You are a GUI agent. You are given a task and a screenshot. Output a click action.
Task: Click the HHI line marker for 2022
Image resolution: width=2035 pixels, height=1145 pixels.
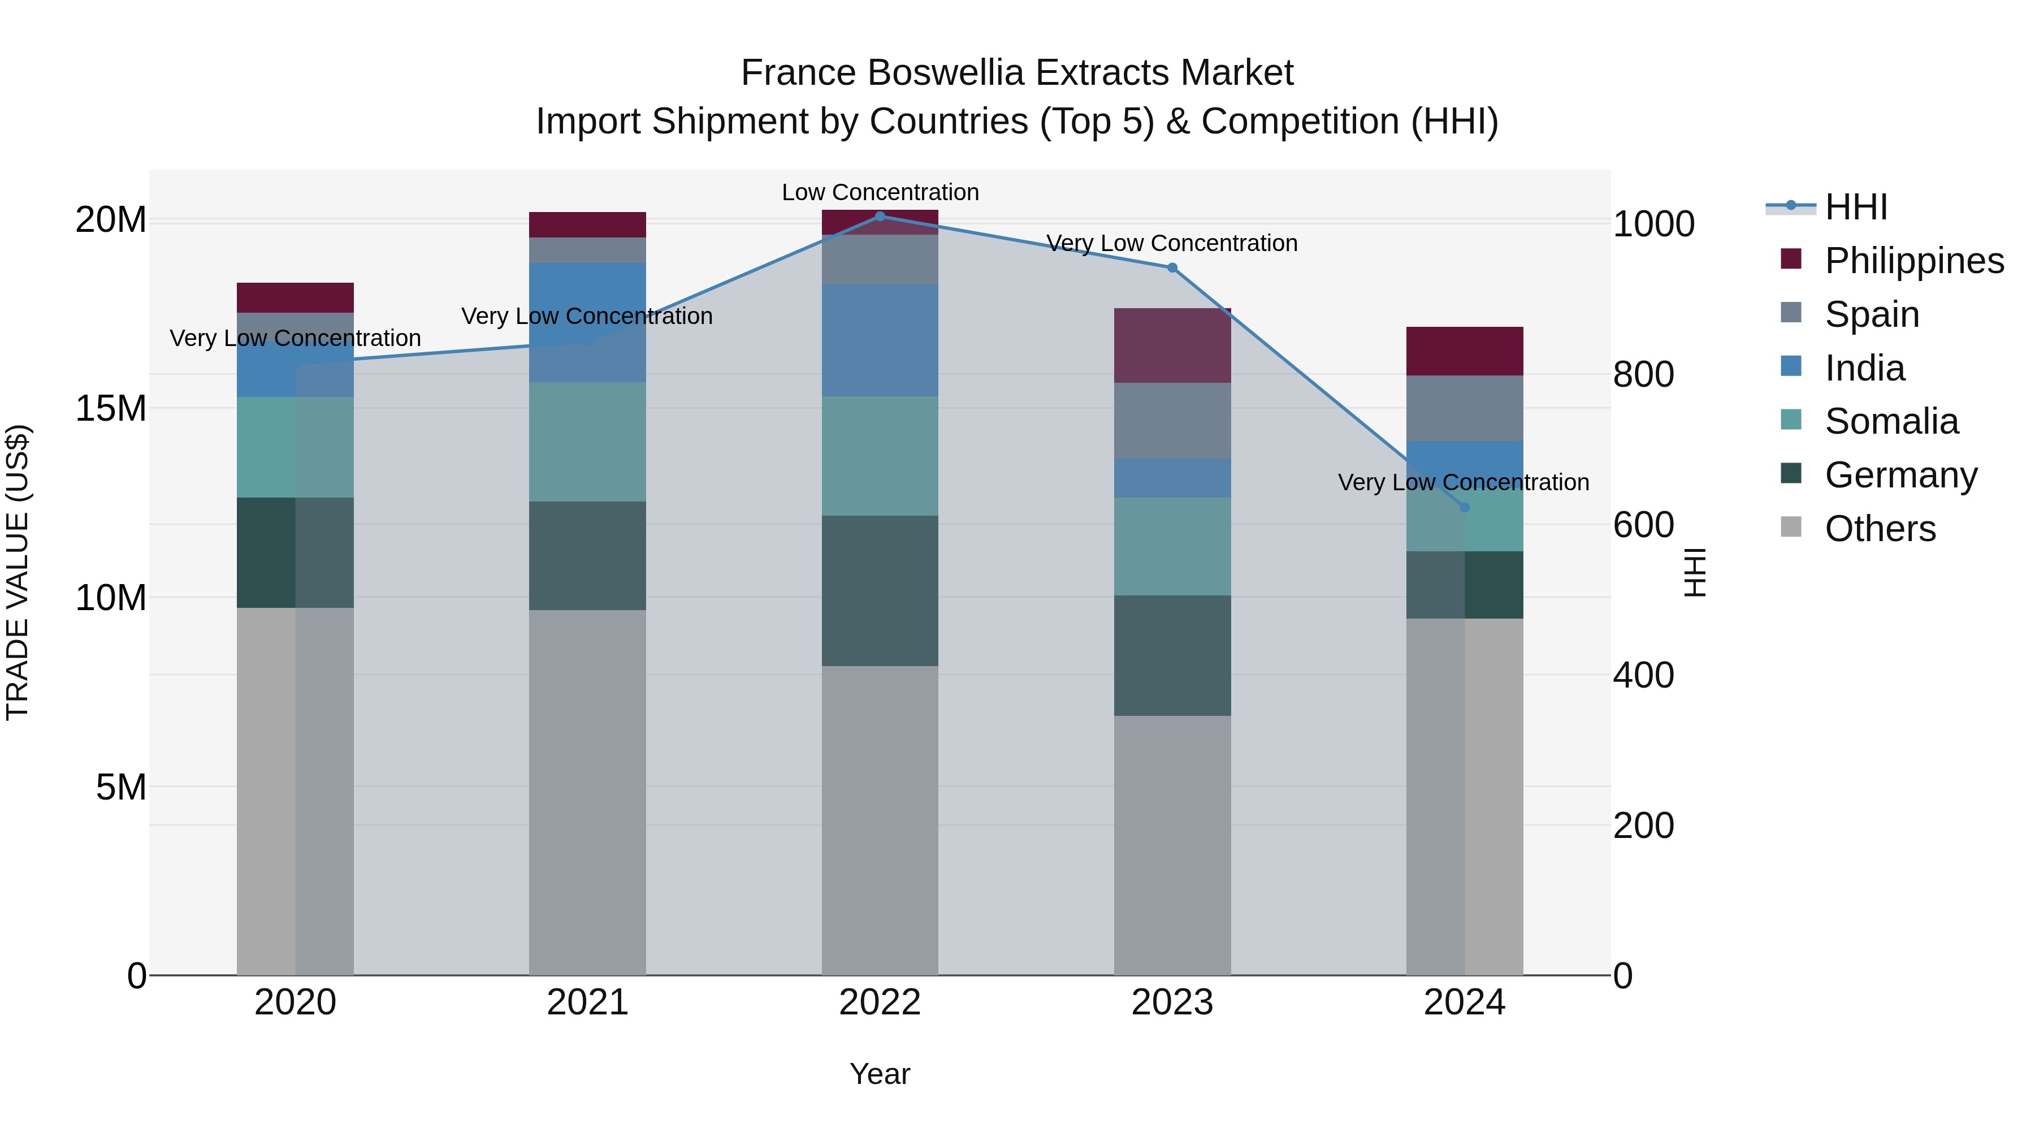tap(880, 217)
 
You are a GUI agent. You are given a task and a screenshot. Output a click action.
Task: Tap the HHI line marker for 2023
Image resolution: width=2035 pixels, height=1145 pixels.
tap(1172, 268)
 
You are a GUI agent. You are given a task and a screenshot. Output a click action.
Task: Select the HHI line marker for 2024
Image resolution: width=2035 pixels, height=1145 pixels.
tap(1465, 507)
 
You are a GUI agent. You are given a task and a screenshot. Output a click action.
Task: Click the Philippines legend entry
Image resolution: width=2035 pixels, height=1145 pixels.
tap(1913, 261)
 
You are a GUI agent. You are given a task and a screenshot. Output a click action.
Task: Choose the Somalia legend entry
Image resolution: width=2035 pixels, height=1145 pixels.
tap(1891, 421)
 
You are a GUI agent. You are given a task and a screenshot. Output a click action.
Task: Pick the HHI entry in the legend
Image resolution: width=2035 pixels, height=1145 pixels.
tap(1856, 207)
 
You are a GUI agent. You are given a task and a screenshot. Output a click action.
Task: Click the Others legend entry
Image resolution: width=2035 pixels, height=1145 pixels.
tap(1880, 529)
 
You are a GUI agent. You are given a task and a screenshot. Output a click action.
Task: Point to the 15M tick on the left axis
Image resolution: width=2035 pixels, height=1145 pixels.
tap(111, 409)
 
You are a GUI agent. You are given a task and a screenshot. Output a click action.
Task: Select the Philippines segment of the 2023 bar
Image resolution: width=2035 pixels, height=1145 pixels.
tap(1172, 346)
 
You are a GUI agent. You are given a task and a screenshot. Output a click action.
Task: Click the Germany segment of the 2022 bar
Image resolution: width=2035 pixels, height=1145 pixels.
tap(880, 591)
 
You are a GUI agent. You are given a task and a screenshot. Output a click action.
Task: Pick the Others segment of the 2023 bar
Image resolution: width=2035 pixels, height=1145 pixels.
tap(1172, 845)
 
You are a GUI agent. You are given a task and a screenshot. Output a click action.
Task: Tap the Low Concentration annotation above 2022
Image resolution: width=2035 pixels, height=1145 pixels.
tap(880, 193)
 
